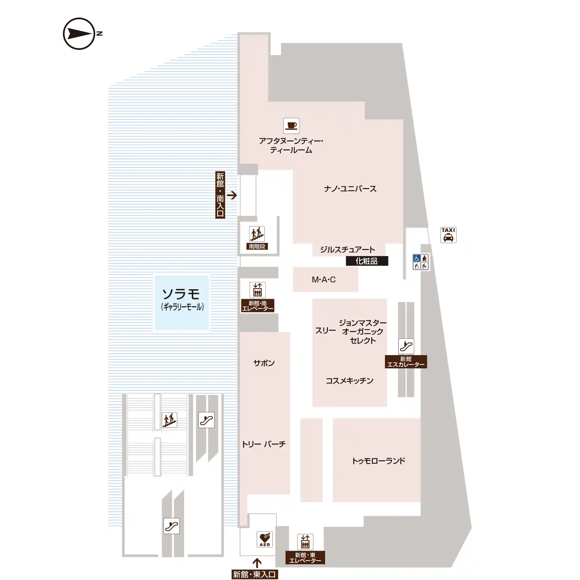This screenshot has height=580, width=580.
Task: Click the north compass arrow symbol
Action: (x=79, y=34)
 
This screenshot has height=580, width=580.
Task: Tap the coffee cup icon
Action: (x=291, y=126)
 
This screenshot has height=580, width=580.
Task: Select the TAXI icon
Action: (x=448, y=235)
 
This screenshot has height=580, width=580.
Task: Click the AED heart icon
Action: (x=265, y=539)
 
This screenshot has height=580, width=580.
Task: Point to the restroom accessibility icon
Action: (x=421, y=262)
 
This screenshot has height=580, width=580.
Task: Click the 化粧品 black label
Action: (x=367, y=261)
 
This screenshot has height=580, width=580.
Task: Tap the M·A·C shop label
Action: (x=324, y=280)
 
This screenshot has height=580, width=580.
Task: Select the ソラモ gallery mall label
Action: (x=182, y=299)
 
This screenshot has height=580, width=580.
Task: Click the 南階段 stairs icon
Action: (x=257, y=234)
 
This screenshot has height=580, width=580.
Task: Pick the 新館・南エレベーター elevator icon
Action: (x=258, y=290)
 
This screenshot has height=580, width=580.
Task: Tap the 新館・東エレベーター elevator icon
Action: (x=305, y=542)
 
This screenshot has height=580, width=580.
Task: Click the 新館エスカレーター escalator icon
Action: (x=406, y=346)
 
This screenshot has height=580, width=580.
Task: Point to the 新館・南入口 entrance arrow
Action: (x=232, y=195)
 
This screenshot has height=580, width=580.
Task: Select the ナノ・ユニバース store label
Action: (x=350, y=189)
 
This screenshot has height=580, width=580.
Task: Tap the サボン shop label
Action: (x=264, y=363)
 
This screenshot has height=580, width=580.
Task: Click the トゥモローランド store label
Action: (x=379, y=461)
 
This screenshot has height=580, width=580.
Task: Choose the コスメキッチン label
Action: (x=350, y=381)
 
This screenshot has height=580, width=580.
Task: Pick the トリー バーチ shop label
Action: (x=264, y=444)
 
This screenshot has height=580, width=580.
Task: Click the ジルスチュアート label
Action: (x=348, y=250)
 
